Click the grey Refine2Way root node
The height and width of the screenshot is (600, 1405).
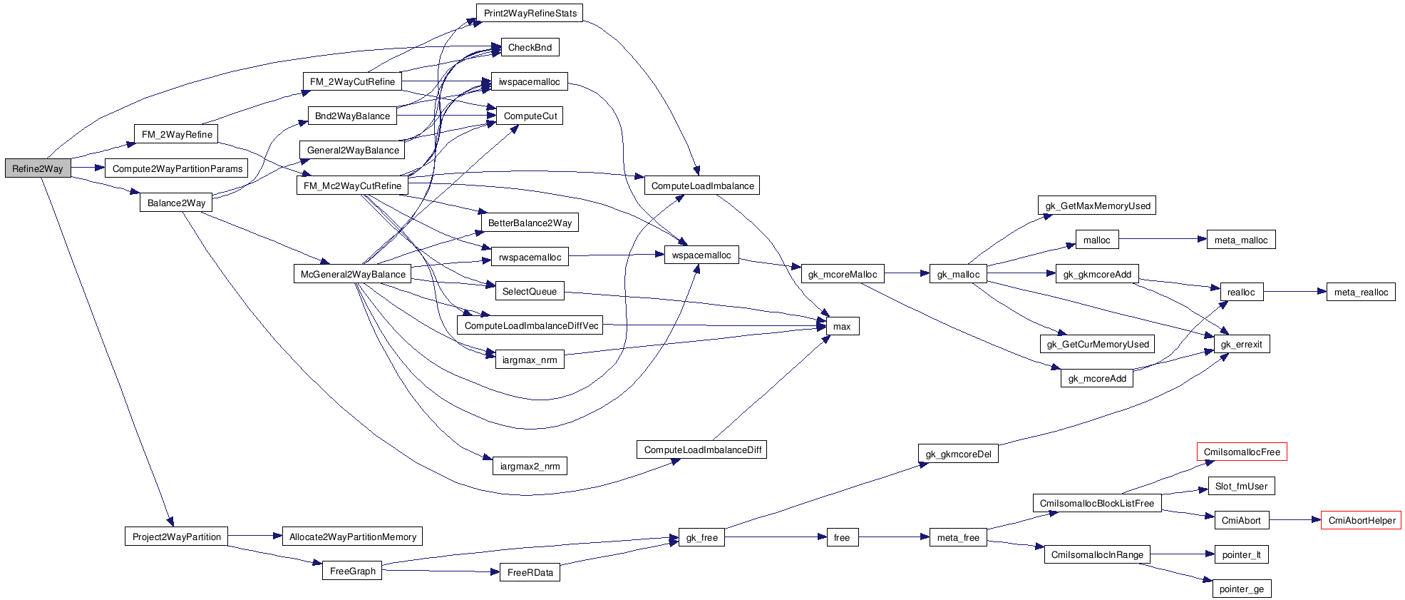[38, 168]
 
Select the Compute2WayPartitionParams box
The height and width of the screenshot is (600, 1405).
[177, 168]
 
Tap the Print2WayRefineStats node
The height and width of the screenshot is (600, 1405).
[530, 13]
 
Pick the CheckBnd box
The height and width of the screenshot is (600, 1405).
[530, 47]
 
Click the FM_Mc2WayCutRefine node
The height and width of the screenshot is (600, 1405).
[352, 185]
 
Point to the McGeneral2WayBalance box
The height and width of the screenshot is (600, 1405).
[353, 274]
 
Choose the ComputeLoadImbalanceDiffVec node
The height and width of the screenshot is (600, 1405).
[531, 325]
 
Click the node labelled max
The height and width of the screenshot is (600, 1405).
[842, 326]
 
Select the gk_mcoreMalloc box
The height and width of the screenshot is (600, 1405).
[842, 274]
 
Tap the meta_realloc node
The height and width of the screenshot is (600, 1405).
[1361, 292]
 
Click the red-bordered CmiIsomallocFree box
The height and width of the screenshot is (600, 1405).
[1242, 452]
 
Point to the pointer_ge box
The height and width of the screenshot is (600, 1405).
[1241, 589]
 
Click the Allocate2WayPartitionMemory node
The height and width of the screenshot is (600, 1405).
[353, 537]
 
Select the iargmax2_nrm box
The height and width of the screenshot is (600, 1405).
[530, 466]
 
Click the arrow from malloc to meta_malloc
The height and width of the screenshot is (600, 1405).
[1162, 239]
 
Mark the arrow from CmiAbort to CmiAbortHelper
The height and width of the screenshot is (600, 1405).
[1294, 520]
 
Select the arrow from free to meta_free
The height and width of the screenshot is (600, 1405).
[894, 537]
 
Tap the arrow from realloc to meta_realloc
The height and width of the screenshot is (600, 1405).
[1295, 291]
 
